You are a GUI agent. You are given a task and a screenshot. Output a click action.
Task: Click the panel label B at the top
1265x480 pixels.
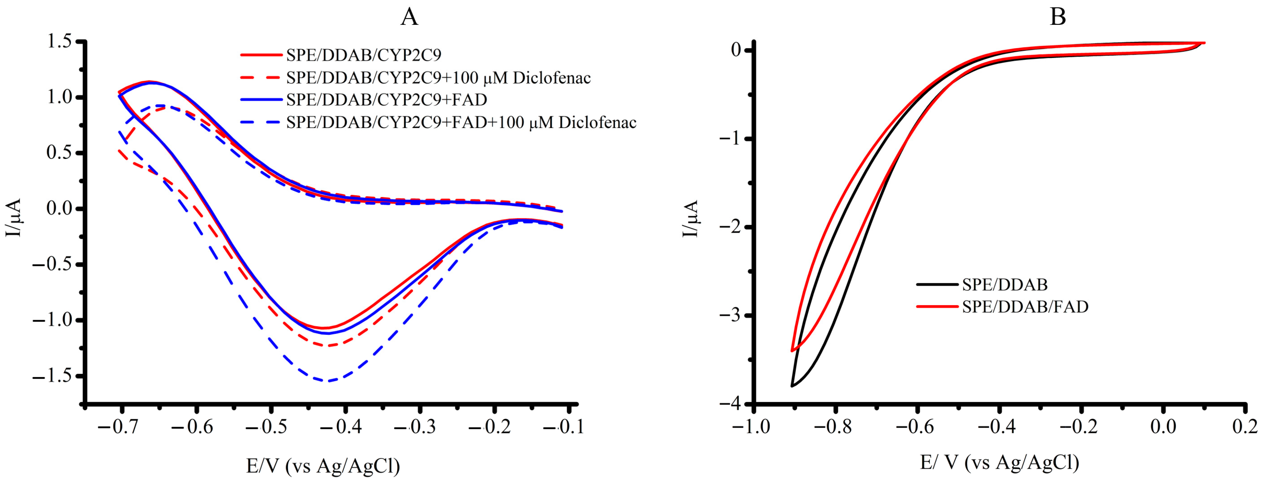(x=1057, y=17)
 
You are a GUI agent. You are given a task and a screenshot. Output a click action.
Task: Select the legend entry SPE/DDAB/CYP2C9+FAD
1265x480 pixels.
(x=386, y=100)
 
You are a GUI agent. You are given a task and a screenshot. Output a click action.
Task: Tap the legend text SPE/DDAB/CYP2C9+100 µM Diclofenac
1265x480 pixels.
(x=438, y=77)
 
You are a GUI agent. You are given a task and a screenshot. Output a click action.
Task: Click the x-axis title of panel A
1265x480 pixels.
(x=323, y=465)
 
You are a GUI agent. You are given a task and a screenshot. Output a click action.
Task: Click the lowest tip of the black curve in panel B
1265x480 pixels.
(x=792, y=386)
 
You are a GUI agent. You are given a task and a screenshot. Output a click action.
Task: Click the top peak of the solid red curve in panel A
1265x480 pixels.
(x=149, y=82)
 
